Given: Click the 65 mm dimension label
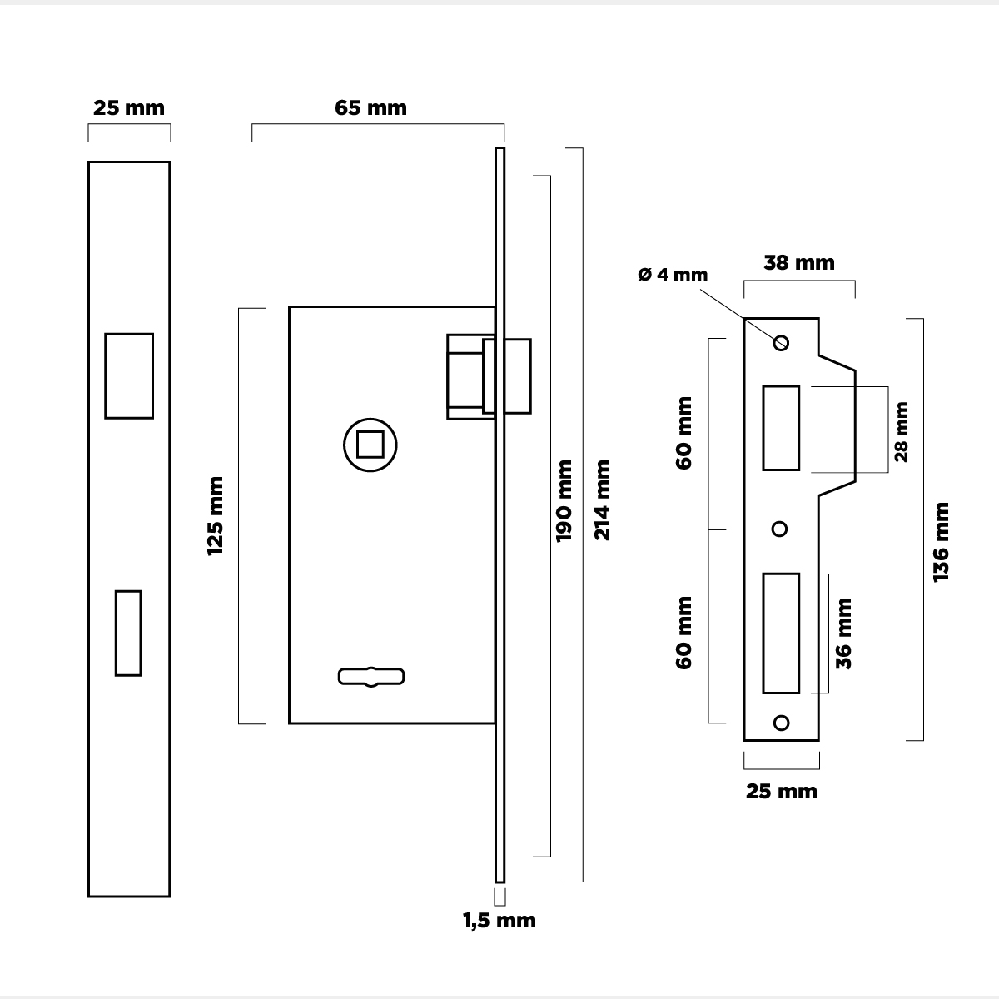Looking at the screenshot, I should click(x=370, y=108).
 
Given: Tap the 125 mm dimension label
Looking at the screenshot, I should click(x=216, y=516).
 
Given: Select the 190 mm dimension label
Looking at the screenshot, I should click(x=564, y=500).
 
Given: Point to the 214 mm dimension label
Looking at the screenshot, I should click(x=602, y=500).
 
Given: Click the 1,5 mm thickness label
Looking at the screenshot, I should click(x=499, y=921).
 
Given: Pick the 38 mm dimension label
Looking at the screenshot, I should click(x=799, y=263).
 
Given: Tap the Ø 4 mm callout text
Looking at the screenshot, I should click(x=673, y=275).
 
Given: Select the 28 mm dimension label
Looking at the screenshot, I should click(x=901, y=430).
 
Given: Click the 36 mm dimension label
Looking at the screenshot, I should click(x=844, y=633).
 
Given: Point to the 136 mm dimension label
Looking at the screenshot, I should click(x=941, y=542).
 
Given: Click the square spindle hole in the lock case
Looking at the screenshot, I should click(x=370, y=445).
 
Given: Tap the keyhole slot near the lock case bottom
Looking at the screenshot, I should click(x=371, y=677).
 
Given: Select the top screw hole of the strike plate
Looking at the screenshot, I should click(x=781, y=342).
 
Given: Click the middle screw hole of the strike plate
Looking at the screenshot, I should click(x=780, y=529).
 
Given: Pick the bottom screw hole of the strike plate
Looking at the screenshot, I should click(x=781, y=722).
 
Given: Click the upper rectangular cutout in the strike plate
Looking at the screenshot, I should click(x=781, y=428).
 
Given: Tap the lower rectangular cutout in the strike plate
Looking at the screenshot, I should click(x=781, y=633).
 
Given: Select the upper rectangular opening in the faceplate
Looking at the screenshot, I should click(x=129, y=375).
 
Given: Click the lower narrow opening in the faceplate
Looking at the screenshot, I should click(x=128, y=633).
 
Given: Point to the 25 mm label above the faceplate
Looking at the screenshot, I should click(x=129, y=108).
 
